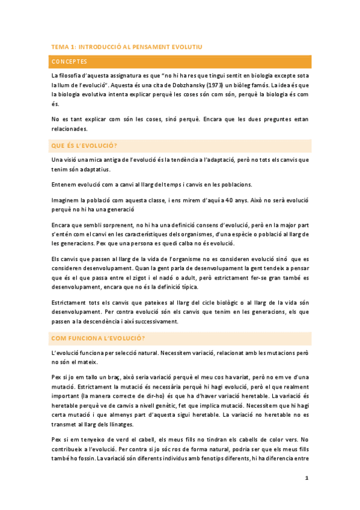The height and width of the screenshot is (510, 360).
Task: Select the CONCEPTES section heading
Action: point(70,62)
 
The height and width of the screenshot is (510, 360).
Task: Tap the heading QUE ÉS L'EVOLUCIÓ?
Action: point(85,147)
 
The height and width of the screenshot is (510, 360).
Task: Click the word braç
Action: point(114,375)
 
